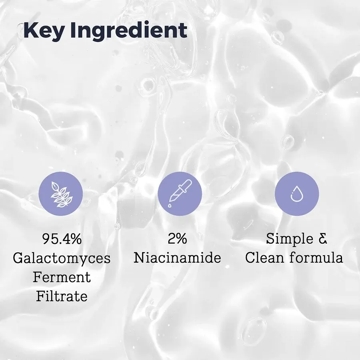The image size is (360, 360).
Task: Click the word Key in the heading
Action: click(44, 31)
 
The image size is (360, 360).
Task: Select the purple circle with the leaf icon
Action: click(60, 194)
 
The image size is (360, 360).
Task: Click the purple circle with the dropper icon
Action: click(180, 194)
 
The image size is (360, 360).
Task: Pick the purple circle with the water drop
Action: click(297, 194)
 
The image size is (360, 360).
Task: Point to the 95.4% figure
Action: click(62, 239)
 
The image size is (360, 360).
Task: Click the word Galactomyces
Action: click(62, 258)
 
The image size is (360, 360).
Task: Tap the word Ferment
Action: click(62, 277)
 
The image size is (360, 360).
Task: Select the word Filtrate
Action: click(62, 296)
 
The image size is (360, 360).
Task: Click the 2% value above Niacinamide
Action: click(177, 239)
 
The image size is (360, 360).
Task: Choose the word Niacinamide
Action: click(177, 258)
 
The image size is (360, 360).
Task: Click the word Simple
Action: click(290, 239)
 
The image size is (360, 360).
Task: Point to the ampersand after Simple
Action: click(323, 239)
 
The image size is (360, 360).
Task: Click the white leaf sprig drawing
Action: click(60, 194)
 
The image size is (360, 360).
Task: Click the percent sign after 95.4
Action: click(75, 239)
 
